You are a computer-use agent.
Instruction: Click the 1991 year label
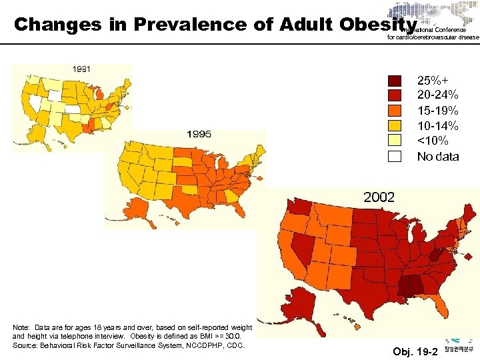pos(82,69)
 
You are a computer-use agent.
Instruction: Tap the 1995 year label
pos(199,134)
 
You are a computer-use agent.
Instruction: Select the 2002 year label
pos(379,197)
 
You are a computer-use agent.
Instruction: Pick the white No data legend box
pos(395,157)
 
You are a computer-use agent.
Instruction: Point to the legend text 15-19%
pos(437,111)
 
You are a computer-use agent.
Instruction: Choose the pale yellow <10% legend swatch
pos(395,141)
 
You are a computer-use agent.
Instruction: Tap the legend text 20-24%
pos(437,95)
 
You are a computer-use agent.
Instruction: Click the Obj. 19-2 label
pos(415,351)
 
